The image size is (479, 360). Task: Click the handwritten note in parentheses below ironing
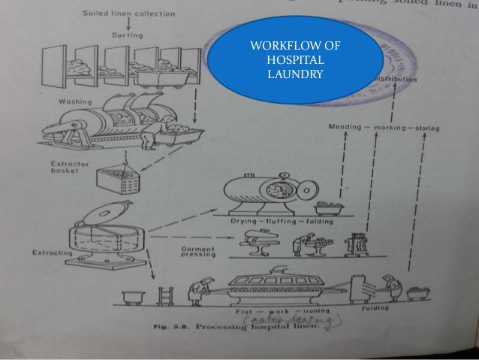(x=293, y=321)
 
